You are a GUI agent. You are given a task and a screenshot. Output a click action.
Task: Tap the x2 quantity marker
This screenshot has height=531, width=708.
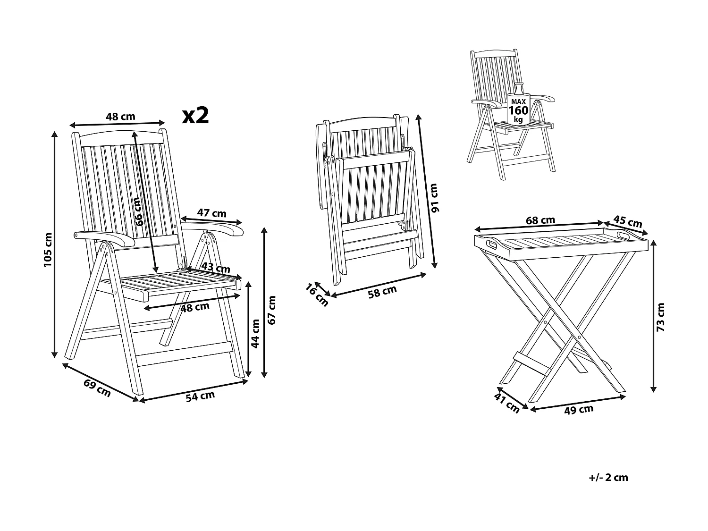tap(195, 115)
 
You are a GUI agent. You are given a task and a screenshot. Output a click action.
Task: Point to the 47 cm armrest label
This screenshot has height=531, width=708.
tap(211, 213)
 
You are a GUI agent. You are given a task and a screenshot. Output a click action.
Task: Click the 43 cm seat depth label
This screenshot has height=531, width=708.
tap(216, 268)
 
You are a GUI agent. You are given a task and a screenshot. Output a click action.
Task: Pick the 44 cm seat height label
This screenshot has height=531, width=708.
tap(255, 333)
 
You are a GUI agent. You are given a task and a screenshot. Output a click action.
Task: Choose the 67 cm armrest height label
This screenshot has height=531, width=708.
tap(272, 310)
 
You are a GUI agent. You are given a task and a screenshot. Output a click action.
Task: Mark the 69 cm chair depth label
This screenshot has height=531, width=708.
tap(97, 388)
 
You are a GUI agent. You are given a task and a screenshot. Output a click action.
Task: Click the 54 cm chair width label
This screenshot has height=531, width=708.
tap(200, 396)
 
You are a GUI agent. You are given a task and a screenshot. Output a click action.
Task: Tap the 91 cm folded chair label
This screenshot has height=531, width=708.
tap(434, 197)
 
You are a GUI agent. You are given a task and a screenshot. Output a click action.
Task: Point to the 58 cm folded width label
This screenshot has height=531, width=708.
tap(382, 292)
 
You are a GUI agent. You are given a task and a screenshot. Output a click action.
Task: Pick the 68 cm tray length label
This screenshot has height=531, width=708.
tap(540, 220)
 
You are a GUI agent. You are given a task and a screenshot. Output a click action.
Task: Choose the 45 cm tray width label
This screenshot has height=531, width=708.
tap(628, 221)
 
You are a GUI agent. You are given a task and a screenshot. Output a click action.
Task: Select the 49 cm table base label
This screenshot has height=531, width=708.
tap(579, 410)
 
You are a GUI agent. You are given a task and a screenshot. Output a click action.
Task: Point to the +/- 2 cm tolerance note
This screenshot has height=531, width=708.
tap(609, 477)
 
